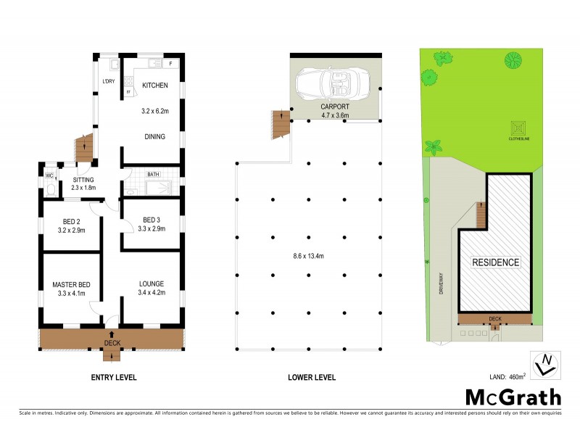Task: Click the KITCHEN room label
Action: pos(154,86)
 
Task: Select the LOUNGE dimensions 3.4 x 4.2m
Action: pos(152,294)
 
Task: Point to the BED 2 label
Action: pos(72,220)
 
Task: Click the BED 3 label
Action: pos(152,220)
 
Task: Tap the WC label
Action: pos(50,175)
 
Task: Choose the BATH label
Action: pos(153,175)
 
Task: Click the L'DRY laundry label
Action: pos(109,81)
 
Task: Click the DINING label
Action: pos(154,136)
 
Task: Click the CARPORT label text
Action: pos(335,107)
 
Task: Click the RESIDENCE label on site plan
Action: pos(496,262)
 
